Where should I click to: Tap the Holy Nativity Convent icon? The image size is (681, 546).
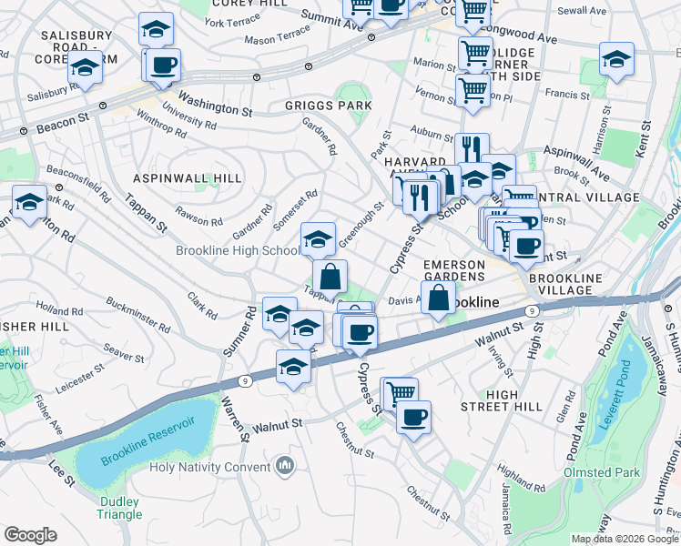coord(286,467)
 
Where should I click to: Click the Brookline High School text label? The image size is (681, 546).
coord(239,251)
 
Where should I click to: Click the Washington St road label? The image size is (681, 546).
coord(215,102)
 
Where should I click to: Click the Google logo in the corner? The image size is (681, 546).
coord(30,535)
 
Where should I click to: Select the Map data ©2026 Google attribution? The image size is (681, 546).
coord(624,539)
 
